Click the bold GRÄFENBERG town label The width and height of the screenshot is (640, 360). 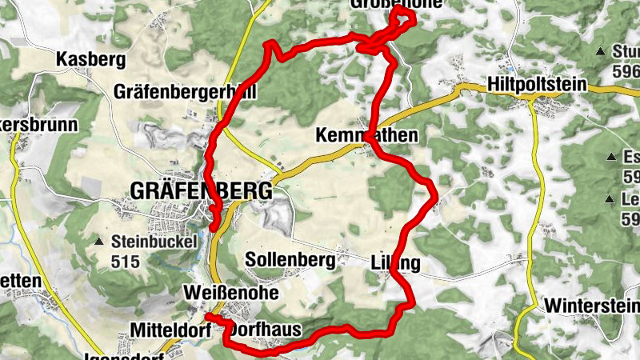tap(201, 191)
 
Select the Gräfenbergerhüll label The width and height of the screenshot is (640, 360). tap(186, 91)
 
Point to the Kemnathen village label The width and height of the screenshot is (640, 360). tap(378, 135)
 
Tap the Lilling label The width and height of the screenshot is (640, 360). tap(395, 262)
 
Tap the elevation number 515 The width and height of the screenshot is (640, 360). tap(126, 261)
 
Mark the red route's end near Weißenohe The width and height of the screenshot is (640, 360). tap(209, 317)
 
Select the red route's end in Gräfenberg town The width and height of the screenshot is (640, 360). tap(214, 226)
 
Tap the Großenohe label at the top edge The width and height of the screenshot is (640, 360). tap(396, 4)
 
